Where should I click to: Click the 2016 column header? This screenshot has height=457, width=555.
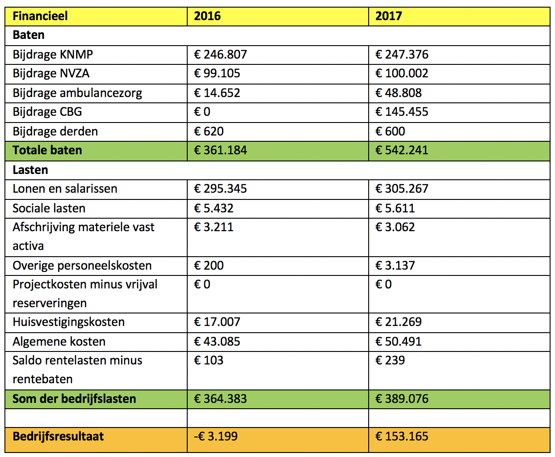[207, 16]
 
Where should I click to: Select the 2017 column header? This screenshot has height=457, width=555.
[388, 16]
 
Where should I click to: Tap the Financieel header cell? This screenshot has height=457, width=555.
[40, 16]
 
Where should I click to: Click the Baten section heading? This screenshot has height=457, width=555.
[29, 35]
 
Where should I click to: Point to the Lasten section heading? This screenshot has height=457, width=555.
[30, 170]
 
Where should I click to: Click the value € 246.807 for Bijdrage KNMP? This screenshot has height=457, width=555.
[220, 55]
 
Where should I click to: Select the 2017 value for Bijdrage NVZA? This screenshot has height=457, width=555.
[402, 73]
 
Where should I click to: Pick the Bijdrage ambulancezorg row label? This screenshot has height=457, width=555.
[77, 93]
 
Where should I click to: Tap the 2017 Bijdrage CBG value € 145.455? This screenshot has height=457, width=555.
[402, 112]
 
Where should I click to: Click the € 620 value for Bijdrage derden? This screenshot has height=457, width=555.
[209, 131]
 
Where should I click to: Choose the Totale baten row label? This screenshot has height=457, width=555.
[47, 150]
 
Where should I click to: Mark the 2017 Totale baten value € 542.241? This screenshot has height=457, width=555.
[402, 150]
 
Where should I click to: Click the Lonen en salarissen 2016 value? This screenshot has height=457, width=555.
[220, 189]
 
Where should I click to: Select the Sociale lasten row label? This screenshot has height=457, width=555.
[49, 208]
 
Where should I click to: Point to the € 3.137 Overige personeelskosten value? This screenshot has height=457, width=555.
[395, 265]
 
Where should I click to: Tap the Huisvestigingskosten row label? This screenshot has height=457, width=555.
[69, 322]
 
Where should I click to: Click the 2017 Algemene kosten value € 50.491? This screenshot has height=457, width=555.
[399, 341]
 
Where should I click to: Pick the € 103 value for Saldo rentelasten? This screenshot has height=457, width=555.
[208, 360]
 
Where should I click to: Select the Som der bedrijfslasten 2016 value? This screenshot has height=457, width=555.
[220, 398]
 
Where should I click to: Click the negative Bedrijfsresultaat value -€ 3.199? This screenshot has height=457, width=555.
[216, 436]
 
